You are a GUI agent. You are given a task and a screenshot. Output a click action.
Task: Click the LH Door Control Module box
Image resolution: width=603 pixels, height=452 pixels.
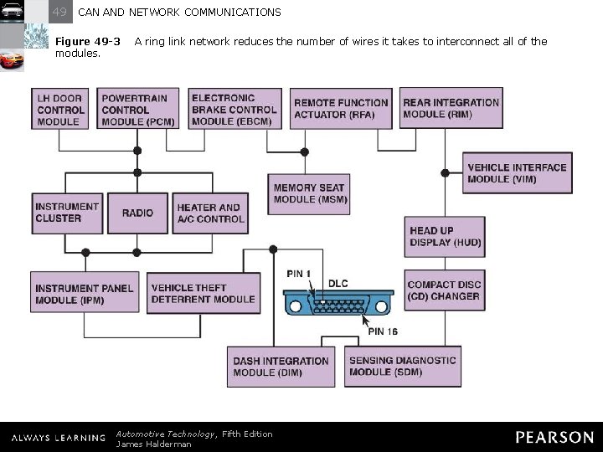click(60, 110)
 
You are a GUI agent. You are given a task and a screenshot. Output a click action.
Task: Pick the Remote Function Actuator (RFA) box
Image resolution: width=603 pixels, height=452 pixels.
click(341, 109)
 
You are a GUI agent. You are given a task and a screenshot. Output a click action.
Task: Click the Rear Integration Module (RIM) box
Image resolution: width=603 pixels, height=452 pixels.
click(451, 109)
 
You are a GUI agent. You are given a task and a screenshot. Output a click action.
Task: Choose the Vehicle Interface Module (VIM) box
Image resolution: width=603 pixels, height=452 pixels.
click(516, 173)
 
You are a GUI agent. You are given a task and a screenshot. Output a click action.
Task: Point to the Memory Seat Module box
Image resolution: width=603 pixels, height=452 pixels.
click(308, 194)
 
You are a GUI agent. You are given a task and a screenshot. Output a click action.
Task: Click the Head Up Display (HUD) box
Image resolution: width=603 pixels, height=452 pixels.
click(445, 237)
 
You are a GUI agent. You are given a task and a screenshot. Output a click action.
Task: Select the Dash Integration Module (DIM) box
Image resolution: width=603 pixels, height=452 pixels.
click(281, 367)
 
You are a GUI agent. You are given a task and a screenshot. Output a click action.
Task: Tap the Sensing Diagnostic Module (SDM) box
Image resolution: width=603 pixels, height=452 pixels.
click(402, 367)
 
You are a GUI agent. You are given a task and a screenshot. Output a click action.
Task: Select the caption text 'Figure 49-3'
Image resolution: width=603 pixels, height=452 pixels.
click(87, 41)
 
